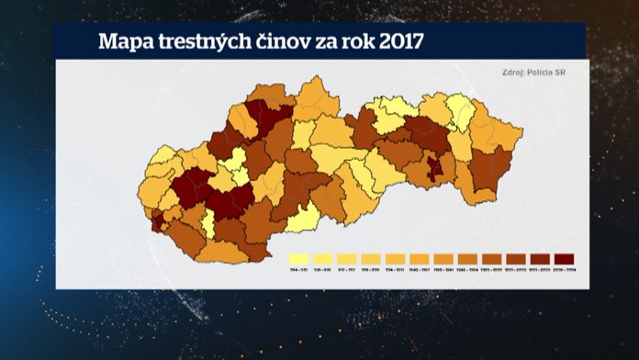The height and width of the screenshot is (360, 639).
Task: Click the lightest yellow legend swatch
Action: pyautogui.click(x=298, y=259)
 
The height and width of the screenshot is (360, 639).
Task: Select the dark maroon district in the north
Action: pyautogui.click(x=263, y=117)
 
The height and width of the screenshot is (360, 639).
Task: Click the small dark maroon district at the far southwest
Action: pyautogui.click(x=157, y=220)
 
